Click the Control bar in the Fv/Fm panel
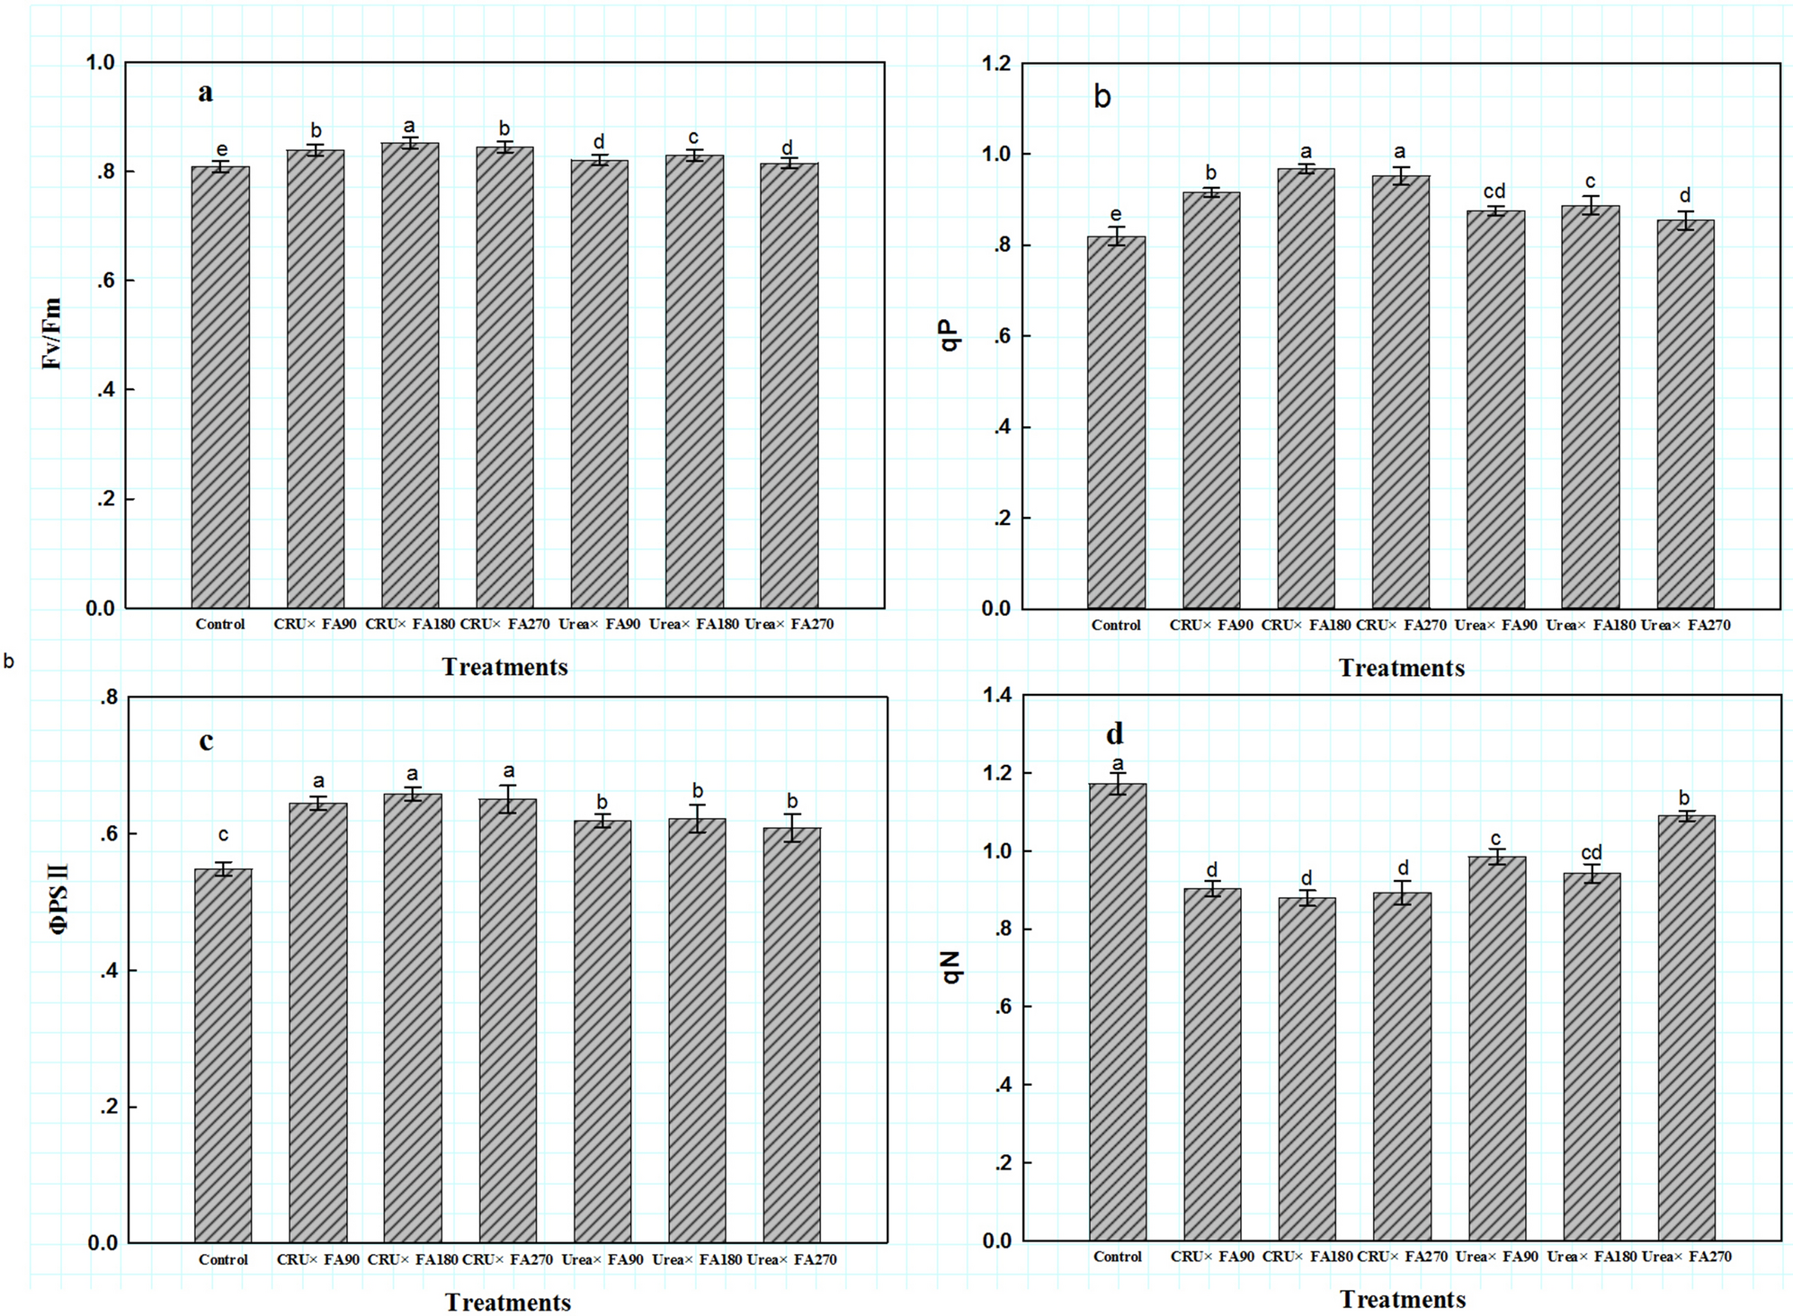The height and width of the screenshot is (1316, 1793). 220,387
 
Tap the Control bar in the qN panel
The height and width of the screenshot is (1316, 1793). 1118,1011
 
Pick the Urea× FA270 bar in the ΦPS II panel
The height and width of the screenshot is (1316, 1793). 791,1034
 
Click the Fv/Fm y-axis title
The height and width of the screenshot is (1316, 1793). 52,334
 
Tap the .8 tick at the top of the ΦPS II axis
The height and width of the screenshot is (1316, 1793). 109,697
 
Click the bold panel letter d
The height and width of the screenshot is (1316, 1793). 1114,734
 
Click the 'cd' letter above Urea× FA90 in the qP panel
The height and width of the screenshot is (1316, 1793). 1494,191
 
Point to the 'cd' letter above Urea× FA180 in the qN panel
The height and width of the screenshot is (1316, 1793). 1591,852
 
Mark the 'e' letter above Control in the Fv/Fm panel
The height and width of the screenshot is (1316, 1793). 222,149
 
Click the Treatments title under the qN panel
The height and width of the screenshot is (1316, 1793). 1402,1299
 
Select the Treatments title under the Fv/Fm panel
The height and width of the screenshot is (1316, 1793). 504,667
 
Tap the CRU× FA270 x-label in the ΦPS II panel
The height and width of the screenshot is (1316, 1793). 507,1259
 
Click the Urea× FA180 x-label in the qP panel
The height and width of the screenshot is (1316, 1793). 1590,625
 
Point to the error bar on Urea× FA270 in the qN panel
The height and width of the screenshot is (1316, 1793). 1686,815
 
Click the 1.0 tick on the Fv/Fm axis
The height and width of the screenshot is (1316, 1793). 101,63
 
